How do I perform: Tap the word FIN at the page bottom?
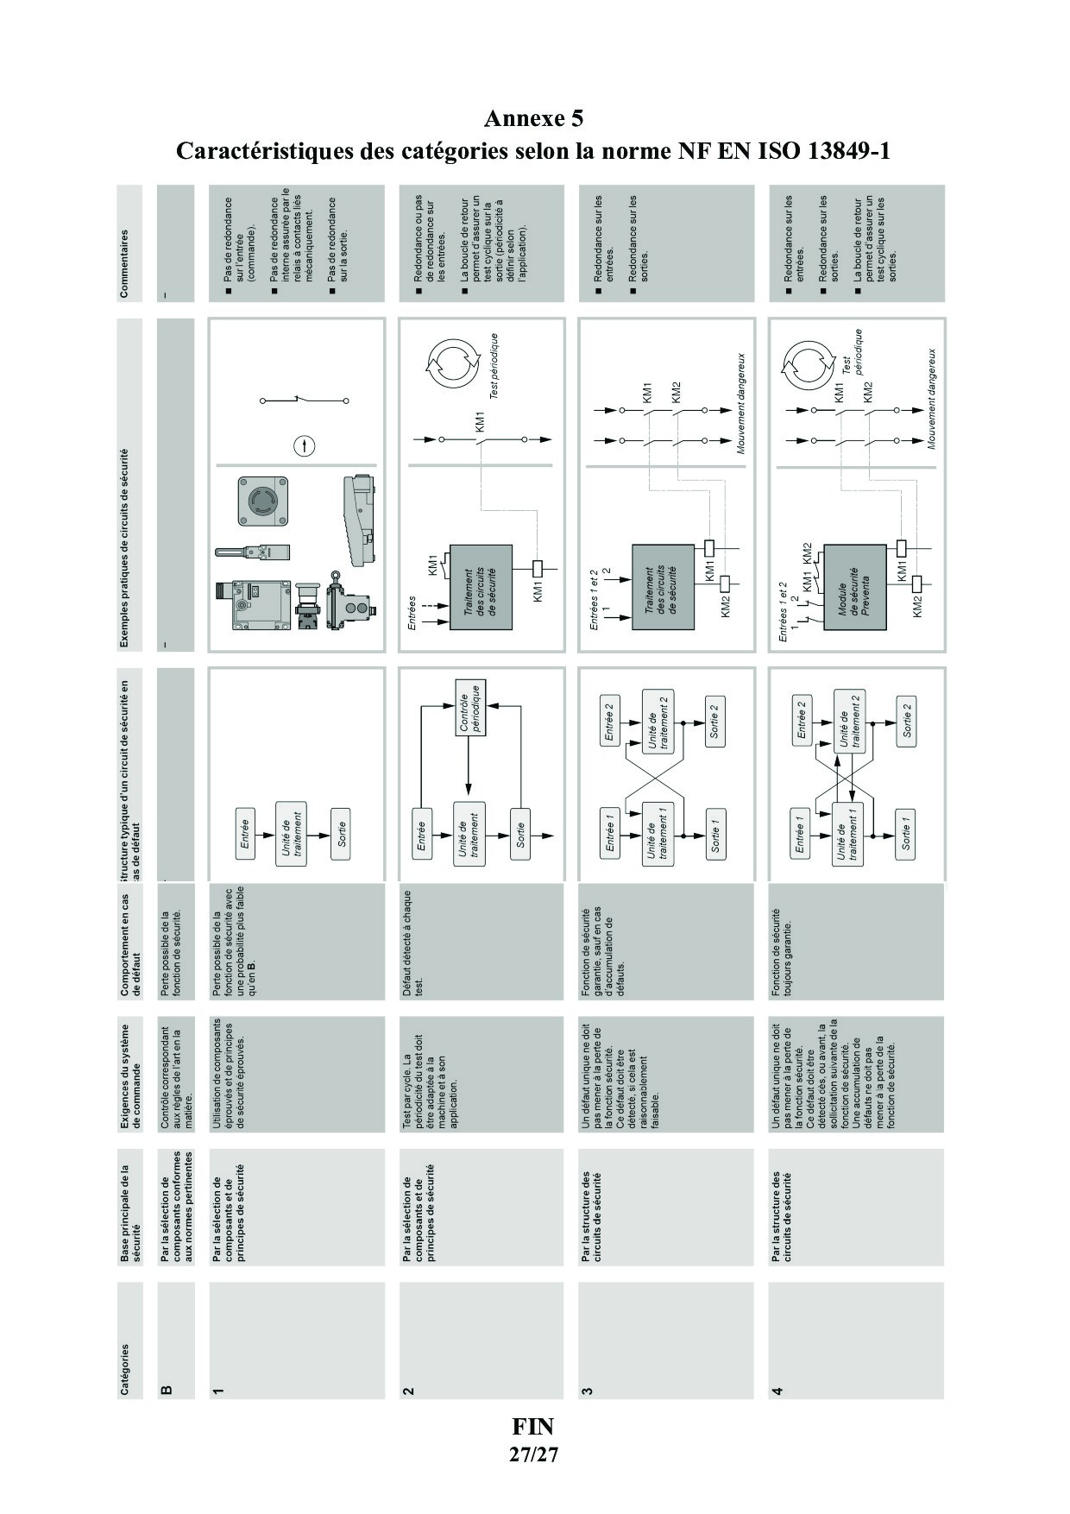533,1425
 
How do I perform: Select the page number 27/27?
533,1454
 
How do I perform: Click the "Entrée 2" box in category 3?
610,722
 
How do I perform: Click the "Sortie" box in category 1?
342,833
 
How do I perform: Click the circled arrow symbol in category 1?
305,446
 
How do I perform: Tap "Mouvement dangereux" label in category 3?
741,402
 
